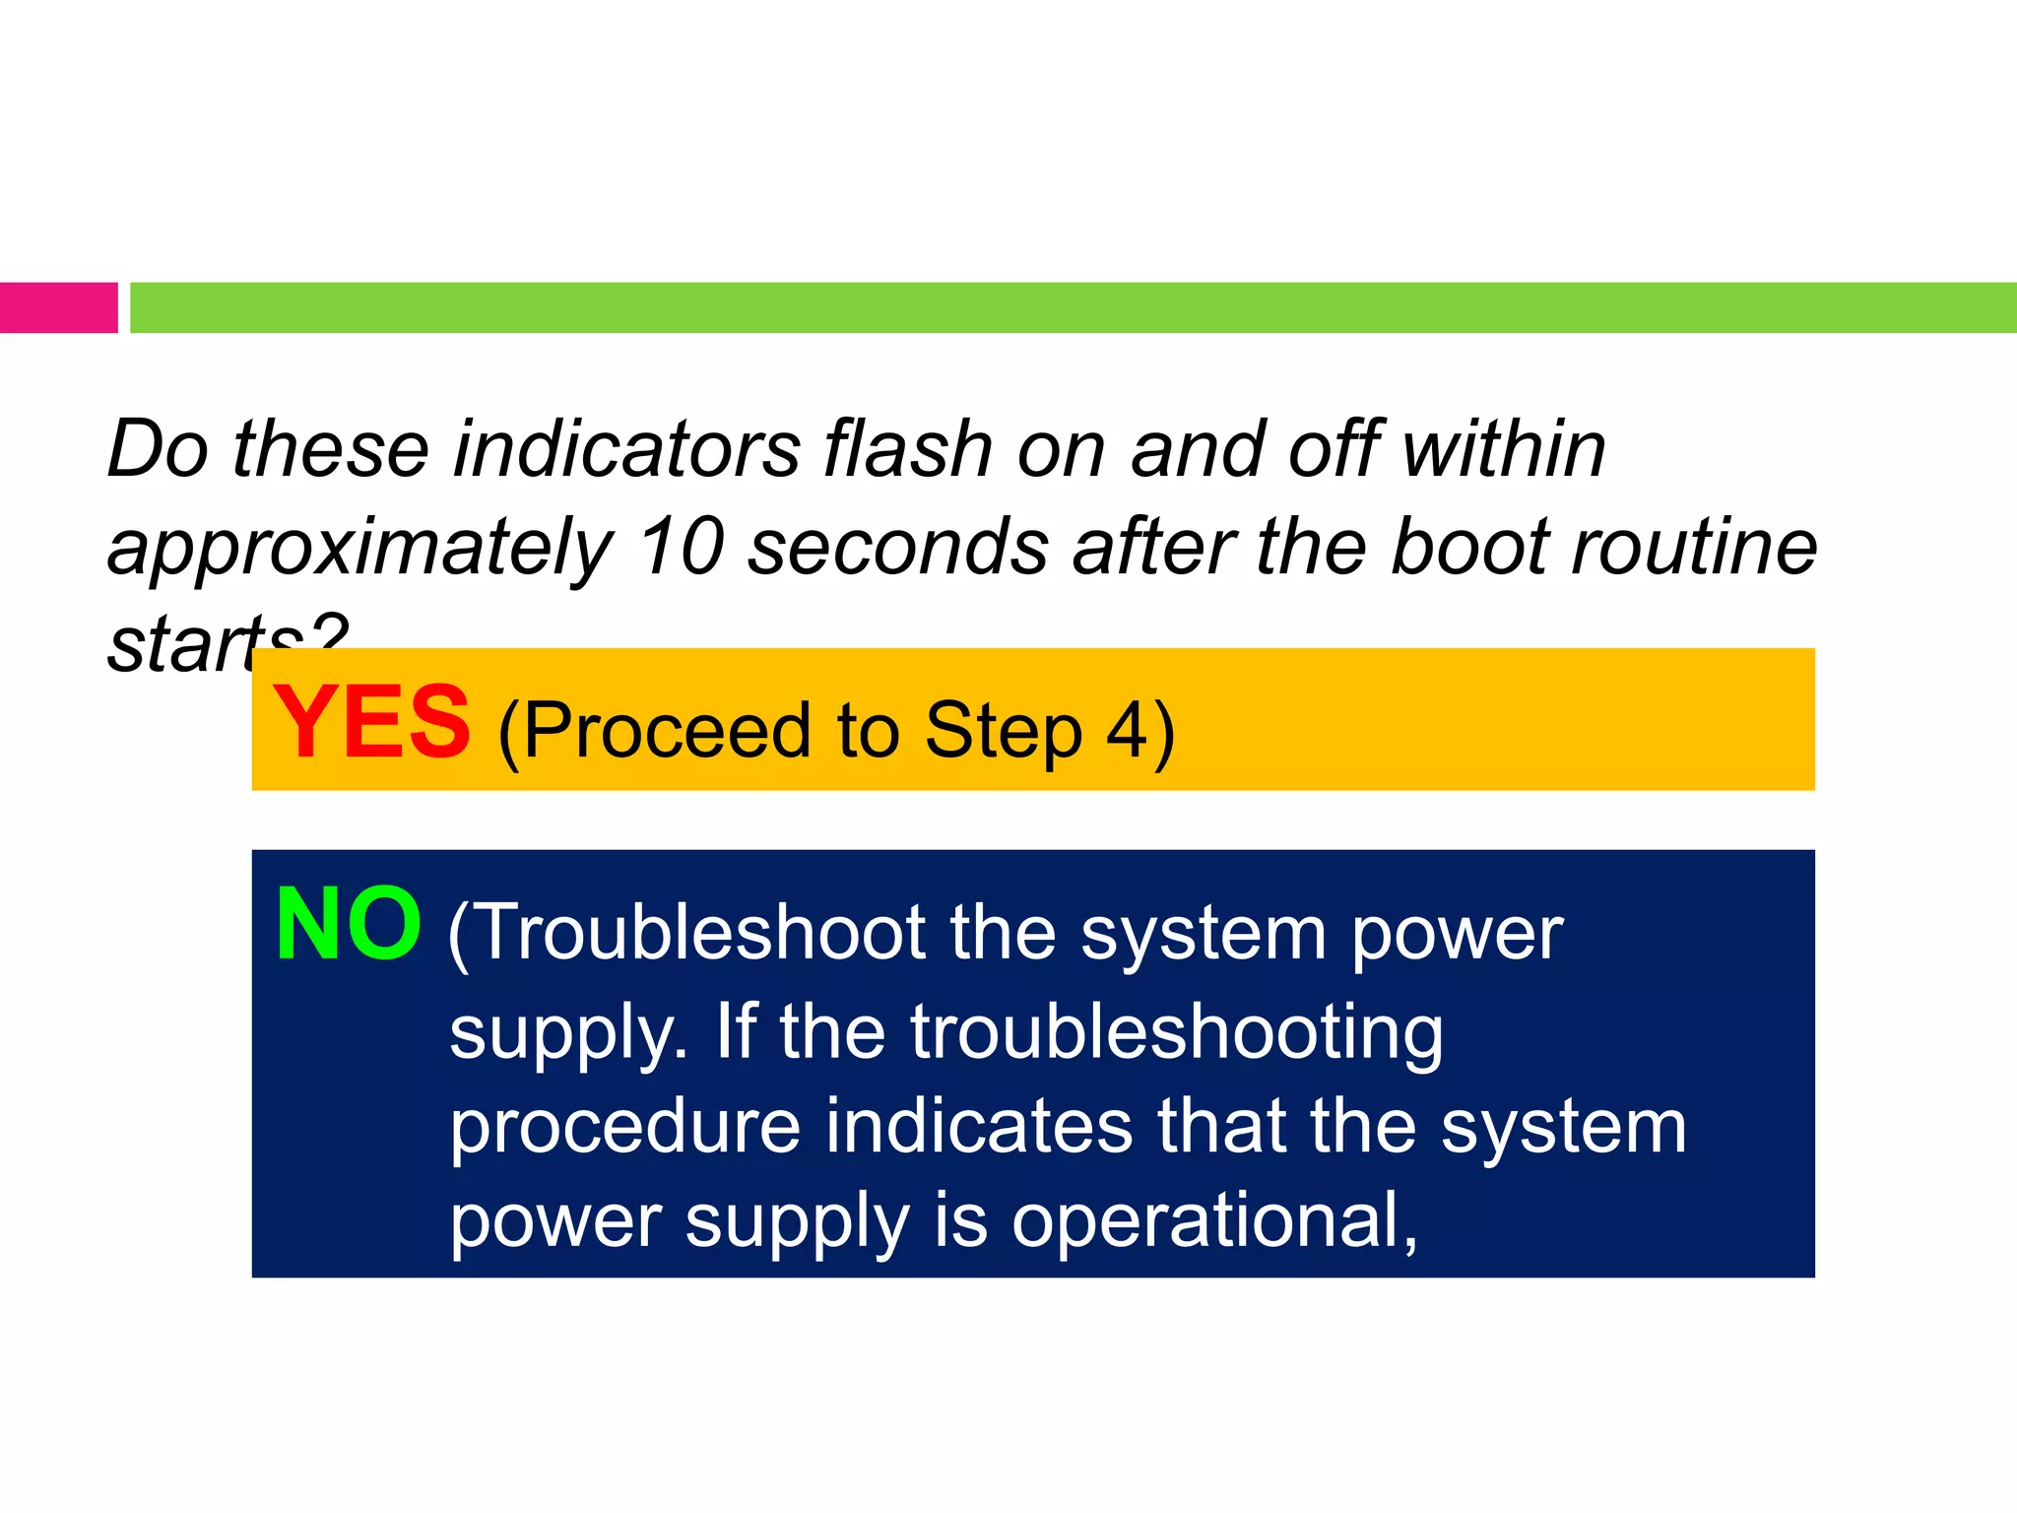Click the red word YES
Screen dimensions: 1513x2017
(x=371, y=723)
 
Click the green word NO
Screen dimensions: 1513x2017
(x=349, y=925)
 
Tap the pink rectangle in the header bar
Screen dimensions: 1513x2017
(x=58, y=307)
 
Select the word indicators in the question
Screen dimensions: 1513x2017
(x=626, y=449)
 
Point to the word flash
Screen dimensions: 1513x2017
(x=907, y=449)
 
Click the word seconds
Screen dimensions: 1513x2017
(x=898, y=548)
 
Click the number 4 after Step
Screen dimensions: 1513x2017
(x=1127, y=731)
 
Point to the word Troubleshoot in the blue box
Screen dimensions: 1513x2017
(x=701, y=932)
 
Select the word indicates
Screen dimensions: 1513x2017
(x=979, y=1127)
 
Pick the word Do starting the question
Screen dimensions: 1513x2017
(x=158, y=449)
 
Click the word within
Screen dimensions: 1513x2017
(x=1503, y=449)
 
